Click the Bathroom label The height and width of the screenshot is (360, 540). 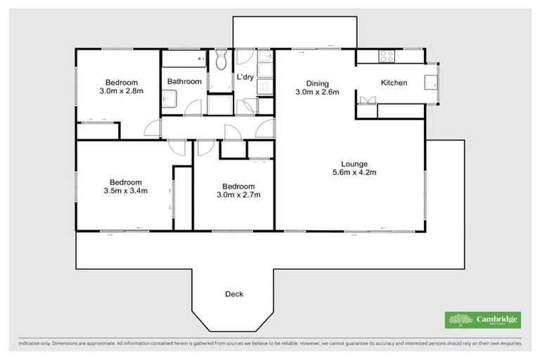coord(184,82)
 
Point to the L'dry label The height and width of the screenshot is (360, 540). coord(245,77)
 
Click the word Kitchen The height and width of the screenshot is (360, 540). coord(394,83)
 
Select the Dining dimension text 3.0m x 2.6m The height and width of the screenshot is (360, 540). coord(317,92)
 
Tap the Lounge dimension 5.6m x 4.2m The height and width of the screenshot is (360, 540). coord(354,173)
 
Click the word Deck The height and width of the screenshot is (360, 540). coord(234,294)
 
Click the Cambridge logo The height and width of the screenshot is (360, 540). coord(483,320)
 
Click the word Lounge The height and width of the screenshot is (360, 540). coord(354,164)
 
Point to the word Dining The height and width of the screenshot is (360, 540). coord(317,83)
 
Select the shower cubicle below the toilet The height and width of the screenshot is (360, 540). coord(221,103)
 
